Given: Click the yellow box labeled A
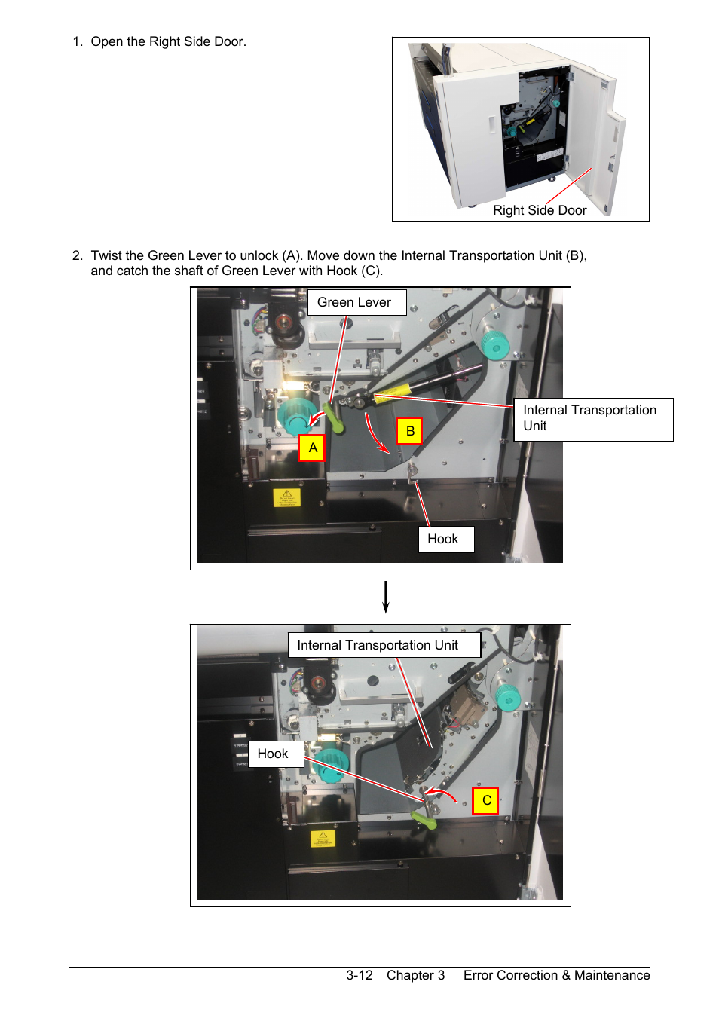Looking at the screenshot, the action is click(x=312, y=448).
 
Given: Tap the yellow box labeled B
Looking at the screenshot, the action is click(x=409, y=431).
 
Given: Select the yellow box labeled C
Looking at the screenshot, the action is click(x=486, y=800).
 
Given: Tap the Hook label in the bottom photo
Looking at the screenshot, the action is click(x=275, y=754).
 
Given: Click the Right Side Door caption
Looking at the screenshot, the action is click(x=540, y=210).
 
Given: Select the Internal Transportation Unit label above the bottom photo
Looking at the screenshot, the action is click(x=384, y=645).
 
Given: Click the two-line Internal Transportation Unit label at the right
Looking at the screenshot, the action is click(x=593, y=418).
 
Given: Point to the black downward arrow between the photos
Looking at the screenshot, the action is click(x=386, y=596).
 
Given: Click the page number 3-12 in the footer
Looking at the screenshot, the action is click(x=359, y=975).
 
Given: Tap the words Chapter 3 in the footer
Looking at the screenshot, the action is click(x=415, y=975).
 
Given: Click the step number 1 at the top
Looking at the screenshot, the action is click(x=77, y=41).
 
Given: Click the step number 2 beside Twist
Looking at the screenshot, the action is click(x=77, y=255).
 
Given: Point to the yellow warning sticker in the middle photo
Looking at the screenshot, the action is click(x=286, y=497).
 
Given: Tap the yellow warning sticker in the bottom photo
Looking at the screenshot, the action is click(x=323, y=839).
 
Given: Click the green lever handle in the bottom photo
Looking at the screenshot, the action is click(x=424, y=820).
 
